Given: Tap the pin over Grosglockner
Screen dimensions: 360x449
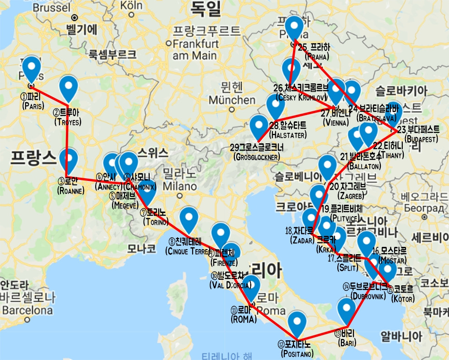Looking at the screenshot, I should (259, 125).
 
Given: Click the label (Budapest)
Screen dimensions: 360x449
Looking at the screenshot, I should (421, 138).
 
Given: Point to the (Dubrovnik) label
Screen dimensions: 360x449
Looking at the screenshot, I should (368, 295).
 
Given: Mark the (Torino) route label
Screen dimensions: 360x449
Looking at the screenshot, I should (155, 222).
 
